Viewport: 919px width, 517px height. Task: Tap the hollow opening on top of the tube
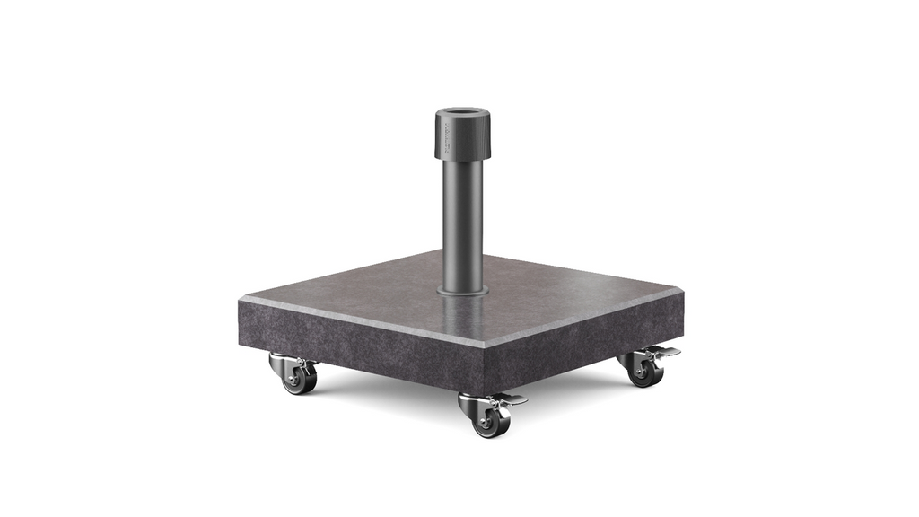[463, 114]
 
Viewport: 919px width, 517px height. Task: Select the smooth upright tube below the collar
[463, 224]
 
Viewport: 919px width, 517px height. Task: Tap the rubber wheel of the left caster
[299, 379]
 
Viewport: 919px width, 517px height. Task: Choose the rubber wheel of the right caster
[645, 372]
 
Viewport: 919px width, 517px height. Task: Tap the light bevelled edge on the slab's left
[359, 321]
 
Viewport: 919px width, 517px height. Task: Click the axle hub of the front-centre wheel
[491, 423]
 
